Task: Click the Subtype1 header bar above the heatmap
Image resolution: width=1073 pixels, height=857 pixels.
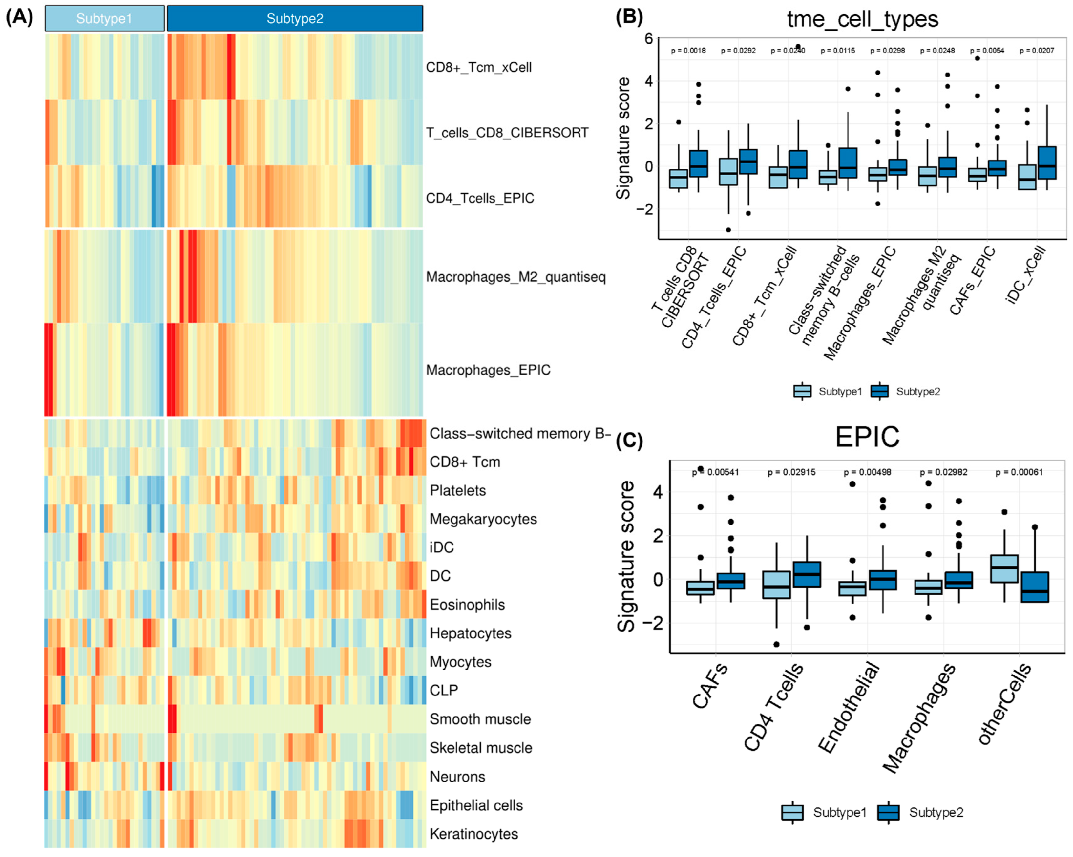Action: [x=105, y=18]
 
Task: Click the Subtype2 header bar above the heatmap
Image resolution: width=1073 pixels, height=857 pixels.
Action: [x=295, y=18]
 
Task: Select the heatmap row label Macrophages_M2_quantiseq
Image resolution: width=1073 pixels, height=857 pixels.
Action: [x=515, y=277]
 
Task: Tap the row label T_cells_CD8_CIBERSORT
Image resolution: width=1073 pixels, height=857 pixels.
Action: [x=507, y=132]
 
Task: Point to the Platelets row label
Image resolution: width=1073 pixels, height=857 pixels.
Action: [x=457, y=490]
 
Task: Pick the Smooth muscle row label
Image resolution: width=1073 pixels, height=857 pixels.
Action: [x=480, y=719]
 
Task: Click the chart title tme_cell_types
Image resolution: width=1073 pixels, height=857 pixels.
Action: [x=862, y=19]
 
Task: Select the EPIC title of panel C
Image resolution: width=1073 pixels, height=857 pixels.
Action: [x=867, y=437]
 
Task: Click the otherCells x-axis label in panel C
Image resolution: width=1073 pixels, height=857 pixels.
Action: [x=1004, y=704]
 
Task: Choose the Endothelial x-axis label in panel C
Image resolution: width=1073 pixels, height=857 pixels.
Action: [x=849, y=707]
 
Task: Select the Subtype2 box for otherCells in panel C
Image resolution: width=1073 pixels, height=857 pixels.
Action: [x=1035, y=587]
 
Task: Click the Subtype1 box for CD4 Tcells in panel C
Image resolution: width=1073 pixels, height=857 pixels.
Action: [x=776, y=585]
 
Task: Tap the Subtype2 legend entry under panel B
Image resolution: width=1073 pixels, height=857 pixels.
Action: [x=906, y=391]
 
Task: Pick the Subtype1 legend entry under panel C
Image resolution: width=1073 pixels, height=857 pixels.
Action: [x=825, y=812]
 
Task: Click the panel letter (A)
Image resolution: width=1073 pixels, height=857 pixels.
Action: [x=19, y=17]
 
